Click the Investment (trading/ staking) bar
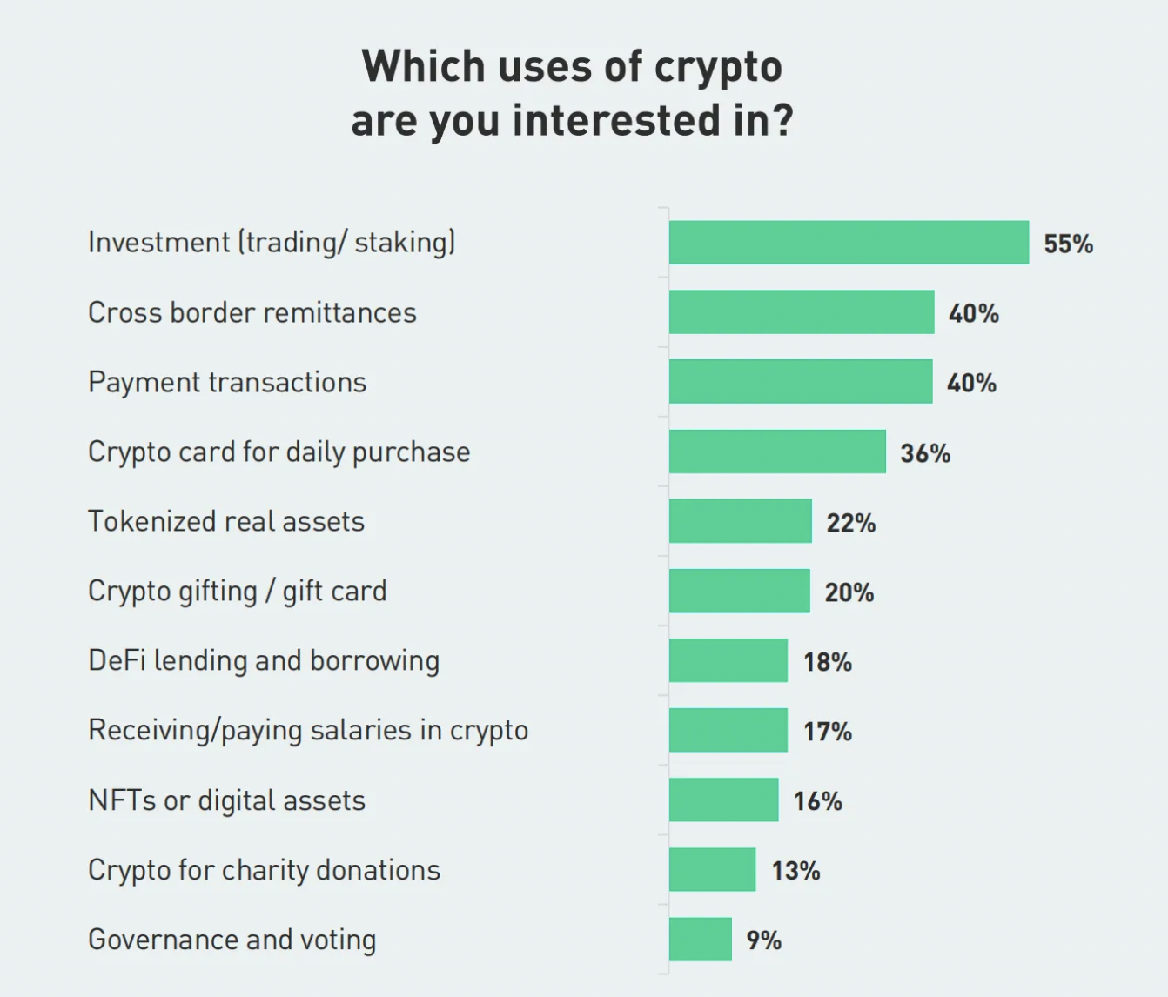click(849, 243)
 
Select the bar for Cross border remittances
click(802, 312)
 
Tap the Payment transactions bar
click(801, 382)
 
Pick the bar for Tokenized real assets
click(741, 521)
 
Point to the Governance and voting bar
click(701, 940)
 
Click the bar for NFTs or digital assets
click(724, 800)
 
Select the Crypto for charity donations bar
click(713, 870)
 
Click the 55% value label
click(1068, 244)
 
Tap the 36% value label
click(925, 453)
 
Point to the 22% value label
click(850, 523)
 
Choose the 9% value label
click(763, 940)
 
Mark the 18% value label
click(827, 662)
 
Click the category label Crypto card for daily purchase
click(279, 452)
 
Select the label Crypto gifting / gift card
click(237, 592)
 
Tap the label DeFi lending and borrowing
click(264, 661)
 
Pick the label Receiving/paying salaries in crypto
click(308, 731)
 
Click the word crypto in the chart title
click(718, 68)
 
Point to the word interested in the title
click(617, 120)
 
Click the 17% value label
click(827, 732)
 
